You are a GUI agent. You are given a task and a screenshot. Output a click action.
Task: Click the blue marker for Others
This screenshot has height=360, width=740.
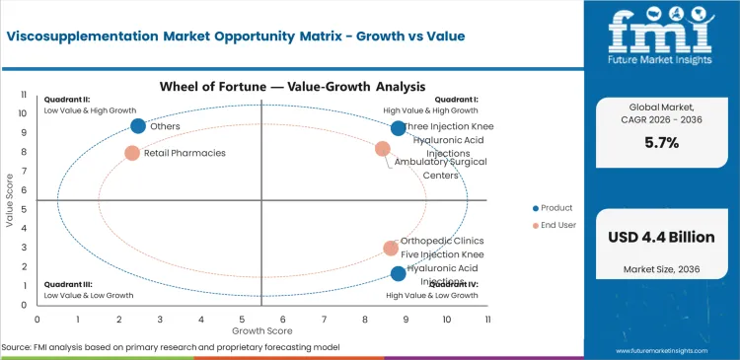click(138, 125)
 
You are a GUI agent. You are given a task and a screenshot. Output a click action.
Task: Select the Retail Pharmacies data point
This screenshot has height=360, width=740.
click(132, 153)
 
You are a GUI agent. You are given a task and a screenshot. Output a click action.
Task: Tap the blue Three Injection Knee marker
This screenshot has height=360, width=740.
click(399, 128)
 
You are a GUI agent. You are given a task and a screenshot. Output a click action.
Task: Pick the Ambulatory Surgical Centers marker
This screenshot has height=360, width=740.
click(383, 149)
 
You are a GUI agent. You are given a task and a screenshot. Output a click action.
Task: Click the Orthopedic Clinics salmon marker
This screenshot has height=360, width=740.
click(391, 249)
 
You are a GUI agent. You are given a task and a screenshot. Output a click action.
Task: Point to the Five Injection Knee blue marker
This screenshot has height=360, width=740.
click(399, 273)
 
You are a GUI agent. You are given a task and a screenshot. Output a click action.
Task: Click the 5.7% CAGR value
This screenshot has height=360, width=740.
click(661, 143)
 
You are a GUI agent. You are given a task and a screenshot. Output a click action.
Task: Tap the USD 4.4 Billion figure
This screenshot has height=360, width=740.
click(661, 237)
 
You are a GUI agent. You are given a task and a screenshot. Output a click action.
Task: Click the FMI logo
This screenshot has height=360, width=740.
click(660, 39)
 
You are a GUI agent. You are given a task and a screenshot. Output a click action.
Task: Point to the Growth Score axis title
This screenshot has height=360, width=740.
click(261, 330)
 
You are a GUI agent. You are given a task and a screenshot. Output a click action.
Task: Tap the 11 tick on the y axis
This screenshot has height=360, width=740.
click(24, 94)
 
